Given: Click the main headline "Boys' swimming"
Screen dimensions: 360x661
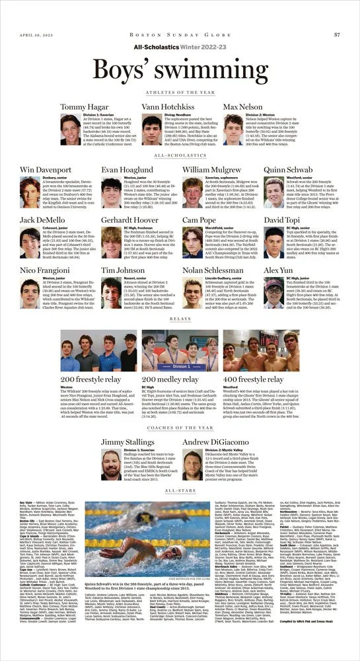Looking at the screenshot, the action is point(180,69).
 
